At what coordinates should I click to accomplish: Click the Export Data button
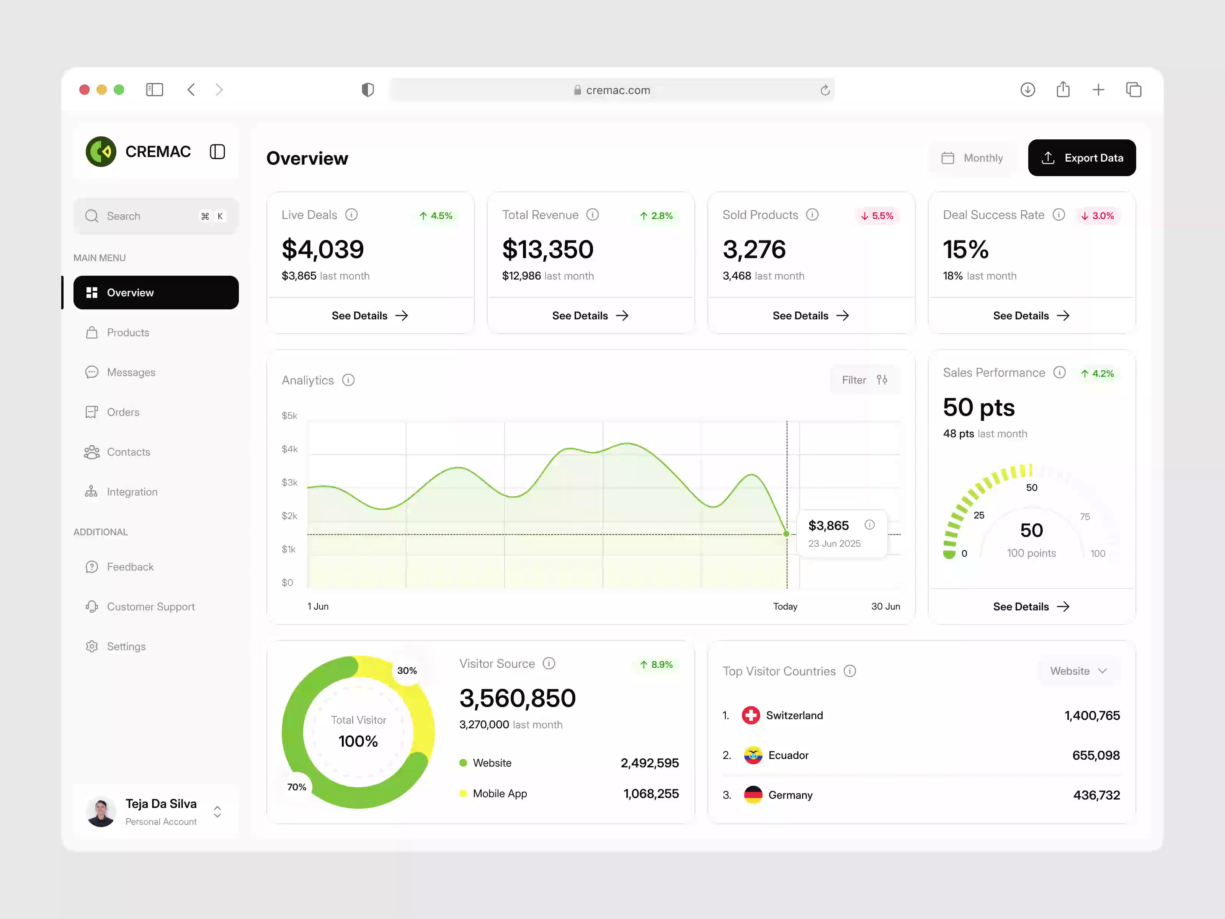pyautogui.click(x=1081, y=158)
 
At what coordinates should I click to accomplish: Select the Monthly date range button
pyautogui.click(x=972, y=158)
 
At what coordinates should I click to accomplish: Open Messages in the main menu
pyautogui.click(x=131, y=372)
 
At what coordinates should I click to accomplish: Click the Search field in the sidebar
pyautogui.click(x=144, y=216)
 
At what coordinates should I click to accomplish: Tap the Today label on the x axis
pyautogui.click(x=785, y=607)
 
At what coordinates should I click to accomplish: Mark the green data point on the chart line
pyautogui.click(x=786, y=534)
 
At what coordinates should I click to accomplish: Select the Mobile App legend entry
pyautogui.click(x=500, y=793)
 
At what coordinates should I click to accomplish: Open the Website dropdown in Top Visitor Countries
pyautogui.click(x=1078, y=671)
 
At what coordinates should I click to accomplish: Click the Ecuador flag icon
pyautogui.click(x=753, y=755)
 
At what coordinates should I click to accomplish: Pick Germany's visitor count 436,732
pyautogui.click(x=1096, y=795)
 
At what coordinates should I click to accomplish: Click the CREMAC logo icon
pyautogui.click(x=101, y=152)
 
